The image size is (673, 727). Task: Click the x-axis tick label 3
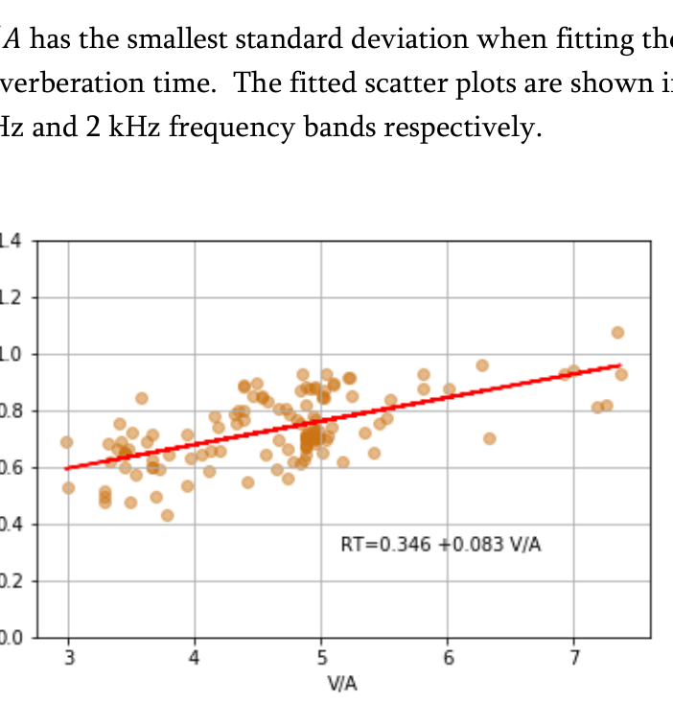click(68, 657)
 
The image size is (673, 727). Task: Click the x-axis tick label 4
click(195, 657)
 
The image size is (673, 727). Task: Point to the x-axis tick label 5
click(321, 657)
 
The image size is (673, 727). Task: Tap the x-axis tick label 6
click(447, 657)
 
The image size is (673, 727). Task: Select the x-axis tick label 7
click(573, 657)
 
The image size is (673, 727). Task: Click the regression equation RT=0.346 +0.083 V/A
click(441, 545)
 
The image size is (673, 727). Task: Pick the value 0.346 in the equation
click(405, 545)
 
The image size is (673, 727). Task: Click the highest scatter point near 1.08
click(617, 332)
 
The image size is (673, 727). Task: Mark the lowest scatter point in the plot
click(167, 515)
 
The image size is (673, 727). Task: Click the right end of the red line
click(621, 364)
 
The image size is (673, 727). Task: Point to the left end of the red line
click(66, 469)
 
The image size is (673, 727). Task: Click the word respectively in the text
click(467, 128)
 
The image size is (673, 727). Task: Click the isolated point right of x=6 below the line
click(489, 438)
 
